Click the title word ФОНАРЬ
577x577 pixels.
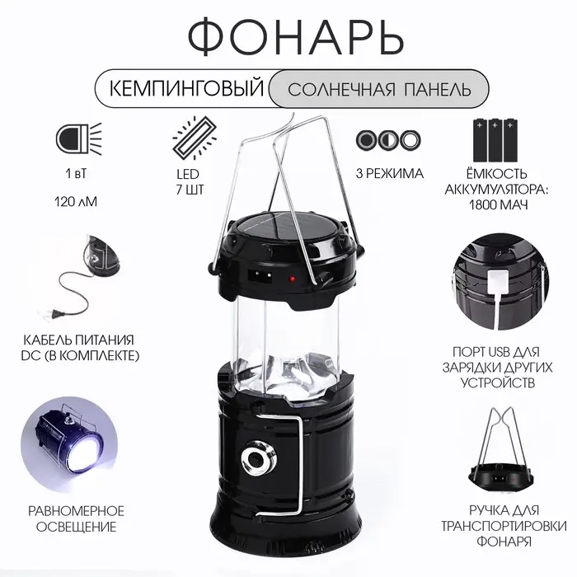pyautogui.click(x=296, y=38)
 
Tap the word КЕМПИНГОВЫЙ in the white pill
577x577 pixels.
pyautogui.click(x=187, y=88)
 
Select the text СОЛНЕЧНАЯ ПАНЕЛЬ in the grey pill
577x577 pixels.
pyautogui.click(x=379, y=89)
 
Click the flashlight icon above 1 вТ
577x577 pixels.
pyautogui.click(x=79, y=139)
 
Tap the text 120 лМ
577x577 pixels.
pyautogui.click(x=76, y=202)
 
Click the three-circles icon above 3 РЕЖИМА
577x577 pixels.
pyautogui.click(x=388, y=140)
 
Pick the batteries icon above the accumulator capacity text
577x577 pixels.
pyautogui.click(x=495, y=140)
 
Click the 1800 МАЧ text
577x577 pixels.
pyautogui.click(x=498, y=204)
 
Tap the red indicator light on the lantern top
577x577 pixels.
pyautogui.click(x=292, y=279)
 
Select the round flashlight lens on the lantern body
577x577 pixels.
pyautogui.click(x=257, y=459)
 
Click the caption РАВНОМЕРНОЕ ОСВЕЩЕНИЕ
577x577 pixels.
pyautogui.click(x=76, y=518)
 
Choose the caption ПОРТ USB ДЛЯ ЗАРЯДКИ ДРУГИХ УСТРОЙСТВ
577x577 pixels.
pyautogui.click(x=498, y=368)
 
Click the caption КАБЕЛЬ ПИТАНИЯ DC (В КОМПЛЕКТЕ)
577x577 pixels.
pyautogui.click(x=80, y=347)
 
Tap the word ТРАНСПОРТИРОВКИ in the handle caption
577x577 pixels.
pyautogui.click(x=504, y=526)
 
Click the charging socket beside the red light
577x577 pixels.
pyautogui.click(x=260, y=274)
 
